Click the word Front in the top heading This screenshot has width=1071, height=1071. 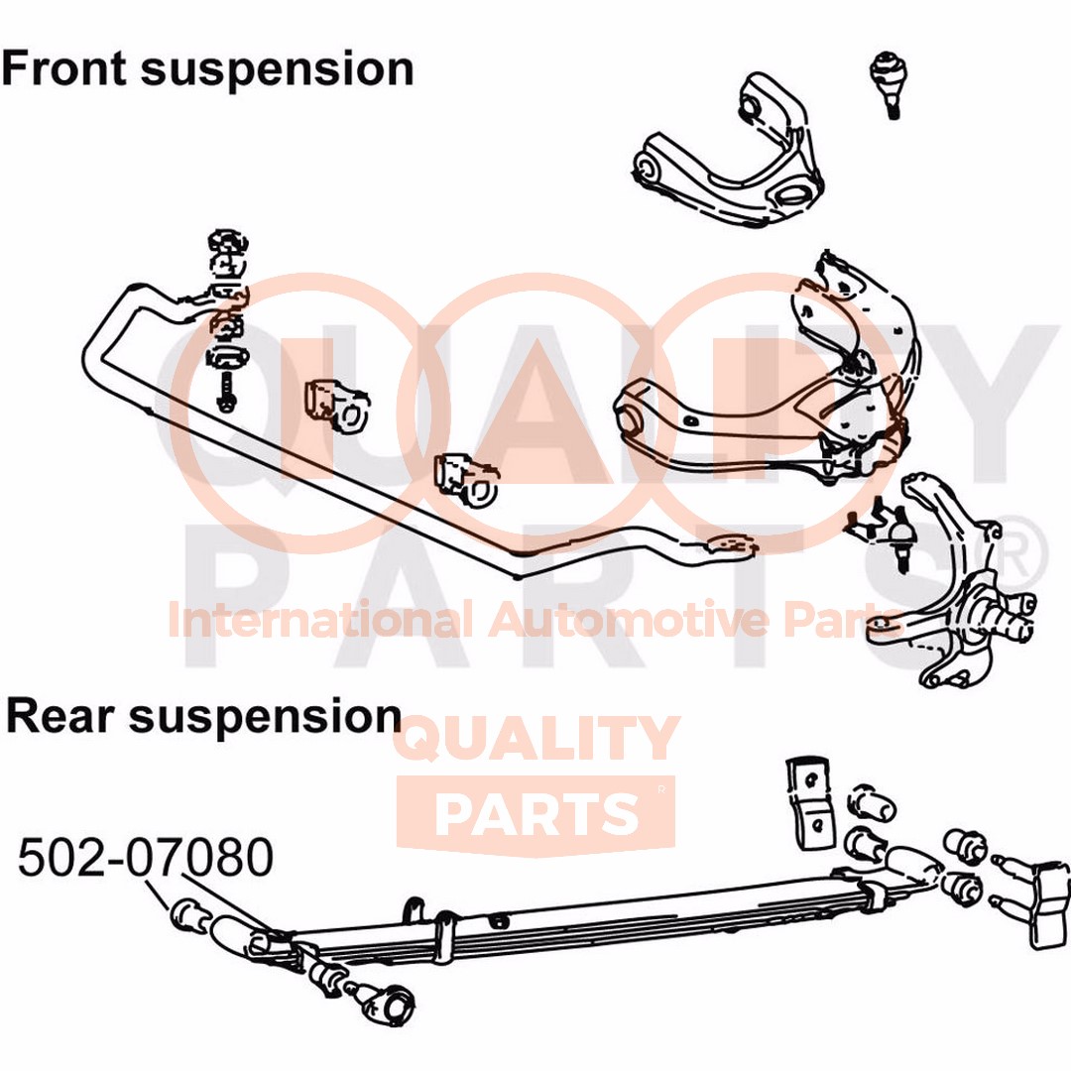point(64,68)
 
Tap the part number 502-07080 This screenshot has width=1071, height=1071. point(146,858)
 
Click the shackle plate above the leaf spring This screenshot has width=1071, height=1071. point(811,801)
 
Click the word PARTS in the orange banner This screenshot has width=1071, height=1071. point(536,813)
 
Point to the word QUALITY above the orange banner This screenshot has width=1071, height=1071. point(536,738)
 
